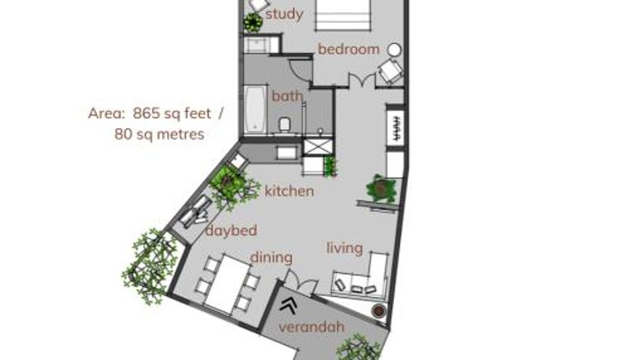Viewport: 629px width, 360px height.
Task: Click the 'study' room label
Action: [284, 15]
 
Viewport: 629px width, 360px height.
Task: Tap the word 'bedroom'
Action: [348, 50]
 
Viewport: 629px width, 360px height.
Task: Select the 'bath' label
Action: [287, 96]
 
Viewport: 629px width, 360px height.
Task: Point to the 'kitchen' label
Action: [289, 191]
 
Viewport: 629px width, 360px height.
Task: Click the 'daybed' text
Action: [231, 230]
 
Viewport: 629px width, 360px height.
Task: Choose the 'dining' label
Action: [271, 257]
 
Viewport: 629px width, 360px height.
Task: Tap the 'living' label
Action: [344, 248]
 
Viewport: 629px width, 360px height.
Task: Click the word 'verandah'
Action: [311, 327]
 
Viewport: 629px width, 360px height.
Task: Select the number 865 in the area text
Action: [146, 113]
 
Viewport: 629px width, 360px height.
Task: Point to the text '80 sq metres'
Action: [160, 134]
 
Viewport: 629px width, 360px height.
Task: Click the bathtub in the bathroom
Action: [255, 109]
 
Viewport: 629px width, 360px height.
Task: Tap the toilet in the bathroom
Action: [285, 125]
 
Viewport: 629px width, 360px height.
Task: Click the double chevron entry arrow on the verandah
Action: [289, 306]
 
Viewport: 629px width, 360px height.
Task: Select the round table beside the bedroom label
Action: [395, 50]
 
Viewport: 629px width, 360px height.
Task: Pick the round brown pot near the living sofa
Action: [378, 310]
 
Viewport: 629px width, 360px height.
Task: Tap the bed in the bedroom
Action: [343, 15]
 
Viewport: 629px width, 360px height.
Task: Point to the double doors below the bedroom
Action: [362, 79]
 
